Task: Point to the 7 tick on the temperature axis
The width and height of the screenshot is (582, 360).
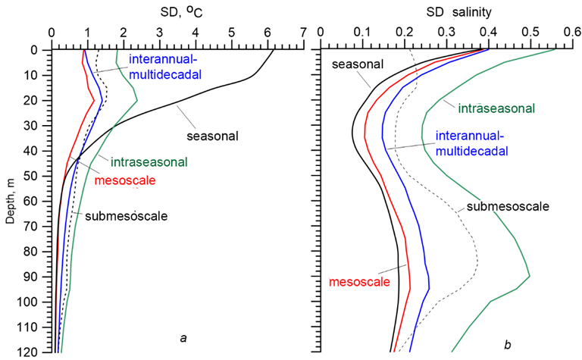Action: click(304, 33)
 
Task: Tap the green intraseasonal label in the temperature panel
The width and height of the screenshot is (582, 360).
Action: click(149, 161)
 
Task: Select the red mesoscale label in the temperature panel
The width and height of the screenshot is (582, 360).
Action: click(125, 180)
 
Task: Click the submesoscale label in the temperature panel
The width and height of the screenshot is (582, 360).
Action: click(126, 215)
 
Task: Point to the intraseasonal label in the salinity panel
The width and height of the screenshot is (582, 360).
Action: click(496, 108)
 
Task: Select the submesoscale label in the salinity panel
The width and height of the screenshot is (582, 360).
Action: click(507, 206)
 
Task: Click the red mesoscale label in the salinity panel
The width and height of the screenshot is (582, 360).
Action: click(359, 282)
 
